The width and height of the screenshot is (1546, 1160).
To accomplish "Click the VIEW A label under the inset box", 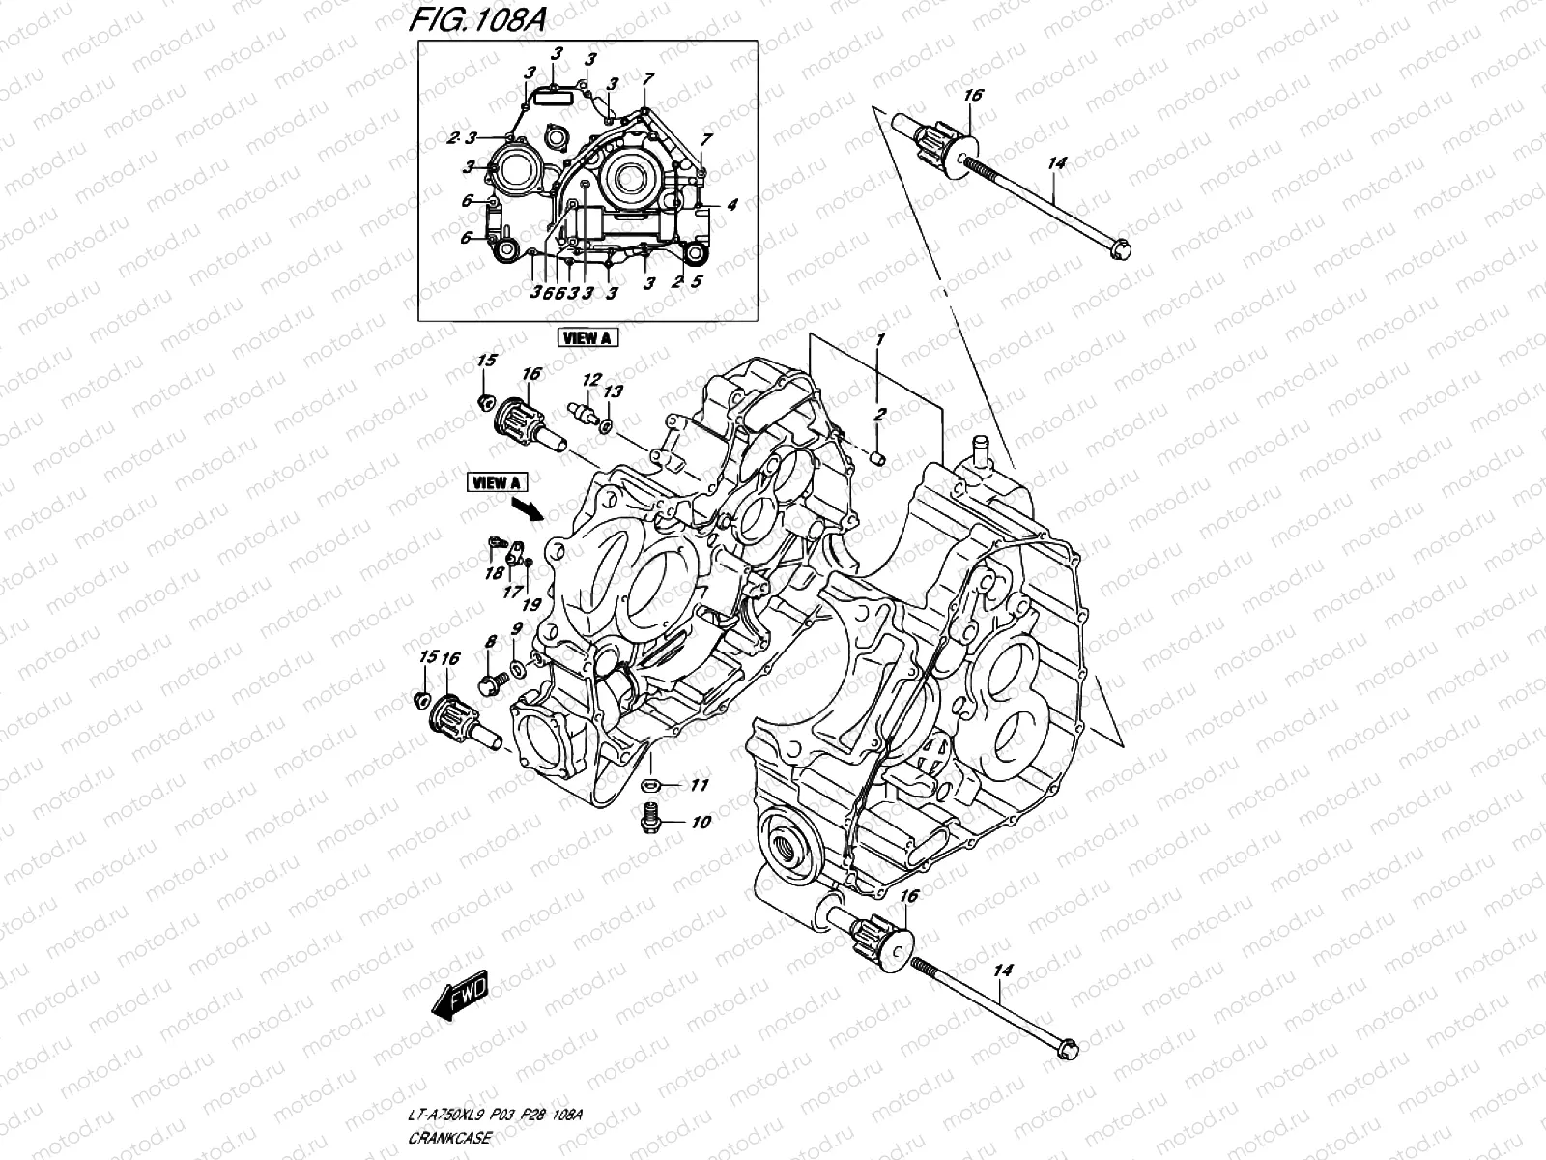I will [587, 337].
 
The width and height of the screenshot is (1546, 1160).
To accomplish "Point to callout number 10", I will [701, 823].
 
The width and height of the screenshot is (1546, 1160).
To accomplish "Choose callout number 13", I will [614, 391].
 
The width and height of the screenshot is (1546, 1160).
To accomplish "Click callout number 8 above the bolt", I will [490, 641].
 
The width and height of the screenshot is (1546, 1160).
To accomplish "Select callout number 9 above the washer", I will [517, 629].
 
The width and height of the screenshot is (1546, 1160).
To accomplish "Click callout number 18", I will [494, 572].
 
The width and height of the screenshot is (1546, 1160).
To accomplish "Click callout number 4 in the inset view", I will [732, 204].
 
